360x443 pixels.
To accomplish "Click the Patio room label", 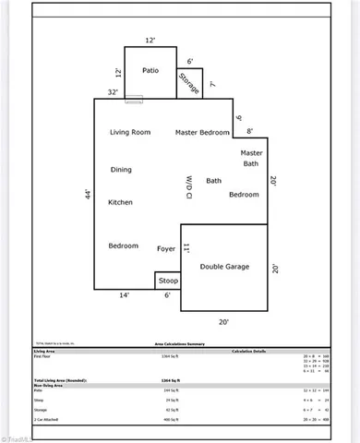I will [150, 70].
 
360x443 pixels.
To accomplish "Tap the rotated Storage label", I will [189, 82].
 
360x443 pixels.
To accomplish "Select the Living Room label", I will [130, 133].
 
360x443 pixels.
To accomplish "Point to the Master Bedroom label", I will [202, 133].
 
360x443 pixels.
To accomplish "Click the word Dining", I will [121, 170].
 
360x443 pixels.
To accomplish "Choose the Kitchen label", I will [121, 202].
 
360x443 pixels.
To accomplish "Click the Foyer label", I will [166, 247].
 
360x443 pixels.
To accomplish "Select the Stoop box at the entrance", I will [167, 280].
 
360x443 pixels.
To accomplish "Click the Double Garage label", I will [224, 266].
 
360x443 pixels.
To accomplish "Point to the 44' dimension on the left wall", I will [88, 197].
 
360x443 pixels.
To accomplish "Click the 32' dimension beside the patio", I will [112, 92].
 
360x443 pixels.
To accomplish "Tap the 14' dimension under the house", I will [124, 295].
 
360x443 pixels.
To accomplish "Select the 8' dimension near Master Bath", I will [248, 131].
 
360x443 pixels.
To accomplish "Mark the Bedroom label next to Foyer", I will [124, 245].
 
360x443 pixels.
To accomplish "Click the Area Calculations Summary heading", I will [179, 342].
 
